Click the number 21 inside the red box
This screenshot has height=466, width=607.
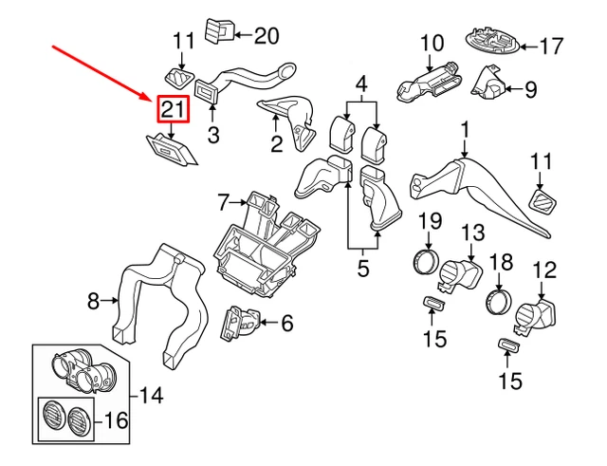(173, 110)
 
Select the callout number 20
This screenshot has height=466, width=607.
(267, 36)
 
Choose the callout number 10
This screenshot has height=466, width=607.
(432, 43)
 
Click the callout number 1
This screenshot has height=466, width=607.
(466, 128)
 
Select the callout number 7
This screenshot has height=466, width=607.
(225, 202)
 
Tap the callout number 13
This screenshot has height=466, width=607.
(472, 232)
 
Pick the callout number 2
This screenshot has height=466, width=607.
(276, 145)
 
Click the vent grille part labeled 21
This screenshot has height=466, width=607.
(171, 149)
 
